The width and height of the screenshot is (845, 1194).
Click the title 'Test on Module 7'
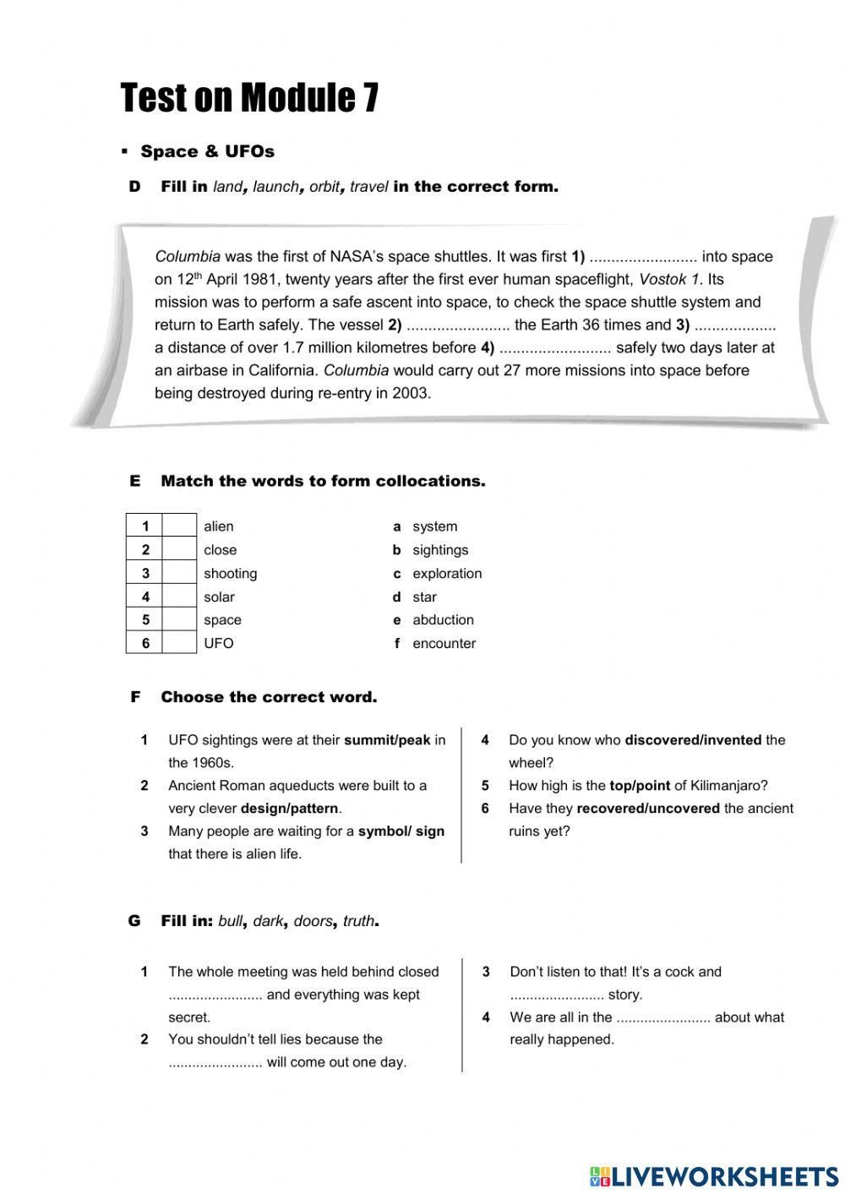tap(249, 98)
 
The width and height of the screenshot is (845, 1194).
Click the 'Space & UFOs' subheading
tap(207, 151)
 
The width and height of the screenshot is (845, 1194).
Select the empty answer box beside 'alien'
tap(179, 526)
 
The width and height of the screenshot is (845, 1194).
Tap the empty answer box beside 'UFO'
tap(179, 642)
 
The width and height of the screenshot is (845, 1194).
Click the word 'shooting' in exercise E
tap(230, 573)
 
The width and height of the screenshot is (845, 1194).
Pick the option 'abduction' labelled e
tap(443, 619)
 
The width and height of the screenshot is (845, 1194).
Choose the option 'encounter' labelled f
tap(444, 643)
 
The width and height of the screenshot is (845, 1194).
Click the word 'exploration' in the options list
tap(447, 573)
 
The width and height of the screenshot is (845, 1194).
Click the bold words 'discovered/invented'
tap(693, 739)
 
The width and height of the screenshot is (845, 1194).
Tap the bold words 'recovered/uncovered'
tap(648, 808)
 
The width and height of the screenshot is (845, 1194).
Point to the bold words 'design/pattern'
tap(289, 808)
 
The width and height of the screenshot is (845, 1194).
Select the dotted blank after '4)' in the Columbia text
tap(555, 348)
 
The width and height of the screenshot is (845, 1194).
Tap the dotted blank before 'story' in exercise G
tap(556, 995)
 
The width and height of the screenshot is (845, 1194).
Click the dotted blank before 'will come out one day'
tap(215, 1063)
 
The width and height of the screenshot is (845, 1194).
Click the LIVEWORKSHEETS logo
tap(713, 1175)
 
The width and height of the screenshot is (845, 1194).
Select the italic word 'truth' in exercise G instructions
tap(358, 921)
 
